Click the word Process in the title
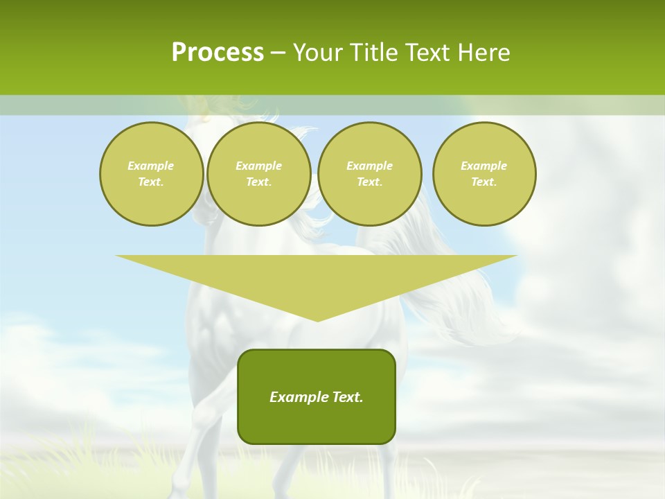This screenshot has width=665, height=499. (x=218, y=53)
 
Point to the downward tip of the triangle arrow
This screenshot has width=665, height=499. (x=317, y=319)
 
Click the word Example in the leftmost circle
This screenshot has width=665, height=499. (x=151, y=166)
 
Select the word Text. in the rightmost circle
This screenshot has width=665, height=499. (x=484, y=182)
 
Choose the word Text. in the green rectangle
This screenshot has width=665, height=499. (x=346, y=397)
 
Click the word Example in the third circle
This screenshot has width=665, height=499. (x=369, y=166)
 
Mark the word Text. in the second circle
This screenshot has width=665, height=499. (x=258, y=182)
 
